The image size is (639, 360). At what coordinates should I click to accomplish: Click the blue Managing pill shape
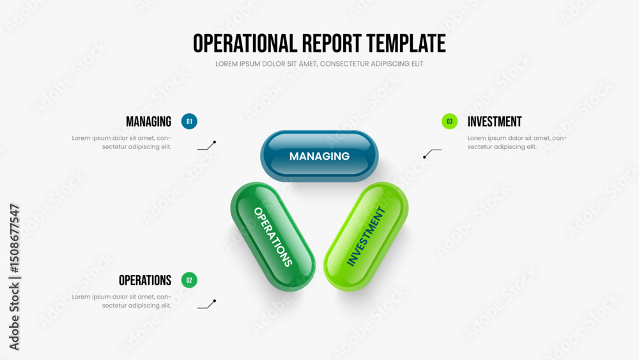319,156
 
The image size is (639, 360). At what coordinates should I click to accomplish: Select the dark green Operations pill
273,237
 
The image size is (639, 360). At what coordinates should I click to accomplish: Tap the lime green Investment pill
366,237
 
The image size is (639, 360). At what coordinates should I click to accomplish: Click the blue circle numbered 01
189,121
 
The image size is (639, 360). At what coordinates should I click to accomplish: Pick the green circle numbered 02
189,280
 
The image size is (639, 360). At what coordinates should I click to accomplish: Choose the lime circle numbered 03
449,121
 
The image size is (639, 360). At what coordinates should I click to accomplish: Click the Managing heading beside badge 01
148,121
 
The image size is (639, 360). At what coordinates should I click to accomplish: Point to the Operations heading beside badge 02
145,281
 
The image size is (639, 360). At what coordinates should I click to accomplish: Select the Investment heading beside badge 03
495,121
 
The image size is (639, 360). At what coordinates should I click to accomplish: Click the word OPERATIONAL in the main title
245,43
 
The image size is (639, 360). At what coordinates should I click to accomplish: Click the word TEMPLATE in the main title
406,43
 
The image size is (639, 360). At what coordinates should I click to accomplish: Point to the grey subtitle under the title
319,64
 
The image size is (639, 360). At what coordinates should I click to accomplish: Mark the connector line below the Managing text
206,146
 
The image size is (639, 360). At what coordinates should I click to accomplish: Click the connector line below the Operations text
206,304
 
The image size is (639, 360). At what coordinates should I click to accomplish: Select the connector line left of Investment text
432,153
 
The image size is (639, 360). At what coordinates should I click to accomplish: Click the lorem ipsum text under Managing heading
121,143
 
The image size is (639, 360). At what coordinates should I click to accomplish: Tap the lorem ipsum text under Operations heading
121,301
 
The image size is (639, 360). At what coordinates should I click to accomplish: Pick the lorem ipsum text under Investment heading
517,143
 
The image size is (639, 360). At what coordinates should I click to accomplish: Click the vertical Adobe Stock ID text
14,278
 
